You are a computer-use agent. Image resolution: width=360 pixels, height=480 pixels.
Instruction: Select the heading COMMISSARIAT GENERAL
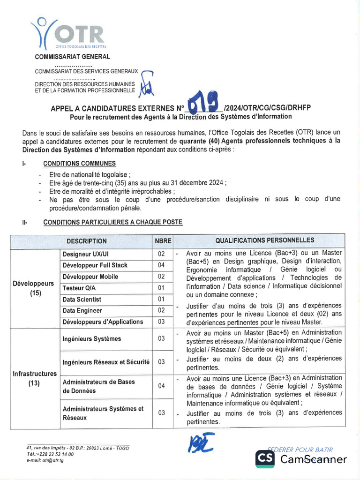(x=73, y=57)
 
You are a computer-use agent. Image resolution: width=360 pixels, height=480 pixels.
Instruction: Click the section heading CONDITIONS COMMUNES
(x=80, y=164)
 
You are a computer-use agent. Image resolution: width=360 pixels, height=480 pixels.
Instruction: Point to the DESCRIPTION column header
(x=86, y=241)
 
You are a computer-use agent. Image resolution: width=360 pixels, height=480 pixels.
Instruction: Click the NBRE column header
(x=163, y=241)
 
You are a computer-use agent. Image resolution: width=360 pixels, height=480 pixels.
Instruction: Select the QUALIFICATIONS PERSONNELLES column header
(x=264, y=240)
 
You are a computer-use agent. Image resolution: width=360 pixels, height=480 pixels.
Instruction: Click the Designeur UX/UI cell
(x=85, y=254)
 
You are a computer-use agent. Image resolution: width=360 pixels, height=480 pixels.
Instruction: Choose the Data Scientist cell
(x=82, y=299)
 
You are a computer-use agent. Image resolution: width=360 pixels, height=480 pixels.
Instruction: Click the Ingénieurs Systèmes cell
(x=92, y=338)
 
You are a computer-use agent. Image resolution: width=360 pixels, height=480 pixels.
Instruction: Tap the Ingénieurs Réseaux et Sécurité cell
(x=106, y=362)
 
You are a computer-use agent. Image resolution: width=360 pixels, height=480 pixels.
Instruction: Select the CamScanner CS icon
(x=265, y=459)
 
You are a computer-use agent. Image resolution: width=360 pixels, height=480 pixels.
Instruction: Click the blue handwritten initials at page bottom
(x=202, y=443)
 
